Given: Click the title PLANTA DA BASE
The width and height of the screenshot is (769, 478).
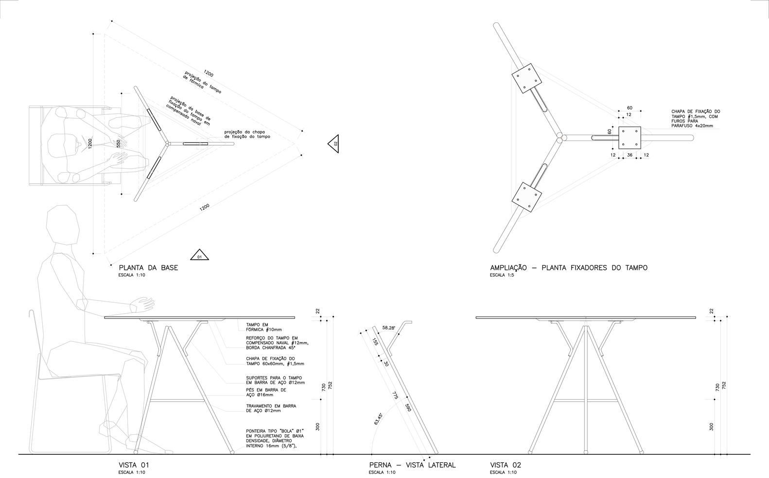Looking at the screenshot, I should pos(148,267).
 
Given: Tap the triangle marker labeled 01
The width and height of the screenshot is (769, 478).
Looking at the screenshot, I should pos(198,255).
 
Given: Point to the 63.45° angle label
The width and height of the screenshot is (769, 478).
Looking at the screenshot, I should pos(378,419).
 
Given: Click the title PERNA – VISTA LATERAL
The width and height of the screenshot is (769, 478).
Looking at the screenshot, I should pos(412,465).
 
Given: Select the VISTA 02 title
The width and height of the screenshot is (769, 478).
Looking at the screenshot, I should pos(506,465).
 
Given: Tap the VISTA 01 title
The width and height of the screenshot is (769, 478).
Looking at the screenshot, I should pos(134,465).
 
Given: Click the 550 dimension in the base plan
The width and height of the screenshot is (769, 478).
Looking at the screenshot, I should pos(118,144).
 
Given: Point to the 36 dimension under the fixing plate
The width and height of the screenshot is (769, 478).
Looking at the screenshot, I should pos(629,155).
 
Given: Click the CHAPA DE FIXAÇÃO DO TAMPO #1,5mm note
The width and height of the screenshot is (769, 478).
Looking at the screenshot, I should pos(696,119).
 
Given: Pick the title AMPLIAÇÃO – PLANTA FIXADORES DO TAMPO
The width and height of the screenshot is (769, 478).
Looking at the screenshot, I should pos(569,267).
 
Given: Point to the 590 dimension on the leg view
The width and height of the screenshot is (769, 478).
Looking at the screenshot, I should pos(408,407).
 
